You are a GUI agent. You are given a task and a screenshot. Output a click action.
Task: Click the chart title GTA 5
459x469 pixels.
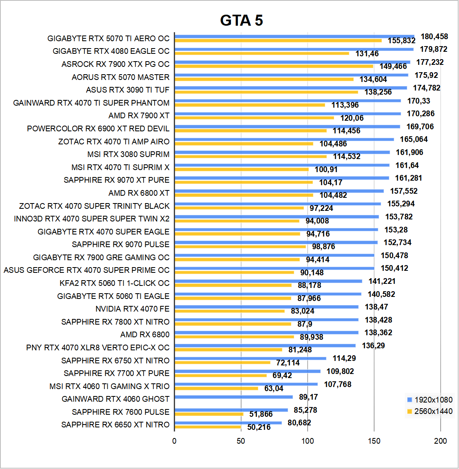[x=242, y=20]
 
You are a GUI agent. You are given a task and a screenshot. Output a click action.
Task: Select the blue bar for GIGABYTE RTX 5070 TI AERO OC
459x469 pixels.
[x=294, y=36]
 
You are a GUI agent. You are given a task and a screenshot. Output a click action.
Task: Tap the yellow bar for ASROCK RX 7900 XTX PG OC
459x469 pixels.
[x=273, y=66]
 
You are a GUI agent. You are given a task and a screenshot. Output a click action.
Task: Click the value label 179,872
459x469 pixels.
[x=433, y=49]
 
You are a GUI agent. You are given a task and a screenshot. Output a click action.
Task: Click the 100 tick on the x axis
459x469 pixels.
[x=308, y=441]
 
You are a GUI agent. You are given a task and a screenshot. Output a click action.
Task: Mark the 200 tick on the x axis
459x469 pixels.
[x=441, y=441]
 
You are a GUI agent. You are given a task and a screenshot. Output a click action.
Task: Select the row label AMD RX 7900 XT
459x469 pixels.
[x=139, y=116]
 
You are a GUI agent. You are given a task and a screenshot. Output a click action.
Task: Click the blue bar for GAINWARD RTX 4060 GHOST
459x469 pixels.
[x=233, y=397]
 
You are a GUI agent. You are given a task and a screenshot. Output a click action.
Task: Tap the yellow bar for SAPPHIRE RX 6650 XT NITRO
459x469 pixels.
[x=208, y=427]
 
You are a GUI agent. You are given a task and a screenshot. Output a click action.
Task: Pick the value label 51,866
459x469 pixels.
[x=261, y=414]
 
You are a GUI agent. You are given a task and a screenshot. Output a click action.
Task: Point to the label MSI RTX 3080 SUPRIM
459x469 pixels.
[x=128, y=155]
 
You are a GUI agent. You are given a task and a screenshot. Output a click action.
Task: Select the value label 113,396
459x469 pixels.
[x=345, y=105]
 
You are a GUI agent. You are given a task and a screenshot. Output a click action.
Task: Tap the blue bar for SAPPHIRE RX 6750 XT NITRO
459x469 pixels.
[x=250, y=358]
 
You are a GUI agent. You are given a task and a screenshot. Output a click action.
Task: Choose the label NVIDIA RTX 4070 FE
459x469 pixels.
[x=132, y=309]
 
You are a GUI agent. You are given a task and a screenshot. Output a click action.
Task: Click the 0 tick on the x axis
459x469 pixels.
[x=175, y=441]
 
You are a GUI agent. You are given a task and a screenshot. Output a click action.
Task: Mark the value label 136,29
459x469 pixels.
[x=373, y=346]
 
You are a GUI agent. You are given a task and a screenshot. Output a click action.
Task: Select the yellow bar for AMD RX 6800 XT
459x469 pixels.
[x=244, y=195]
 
